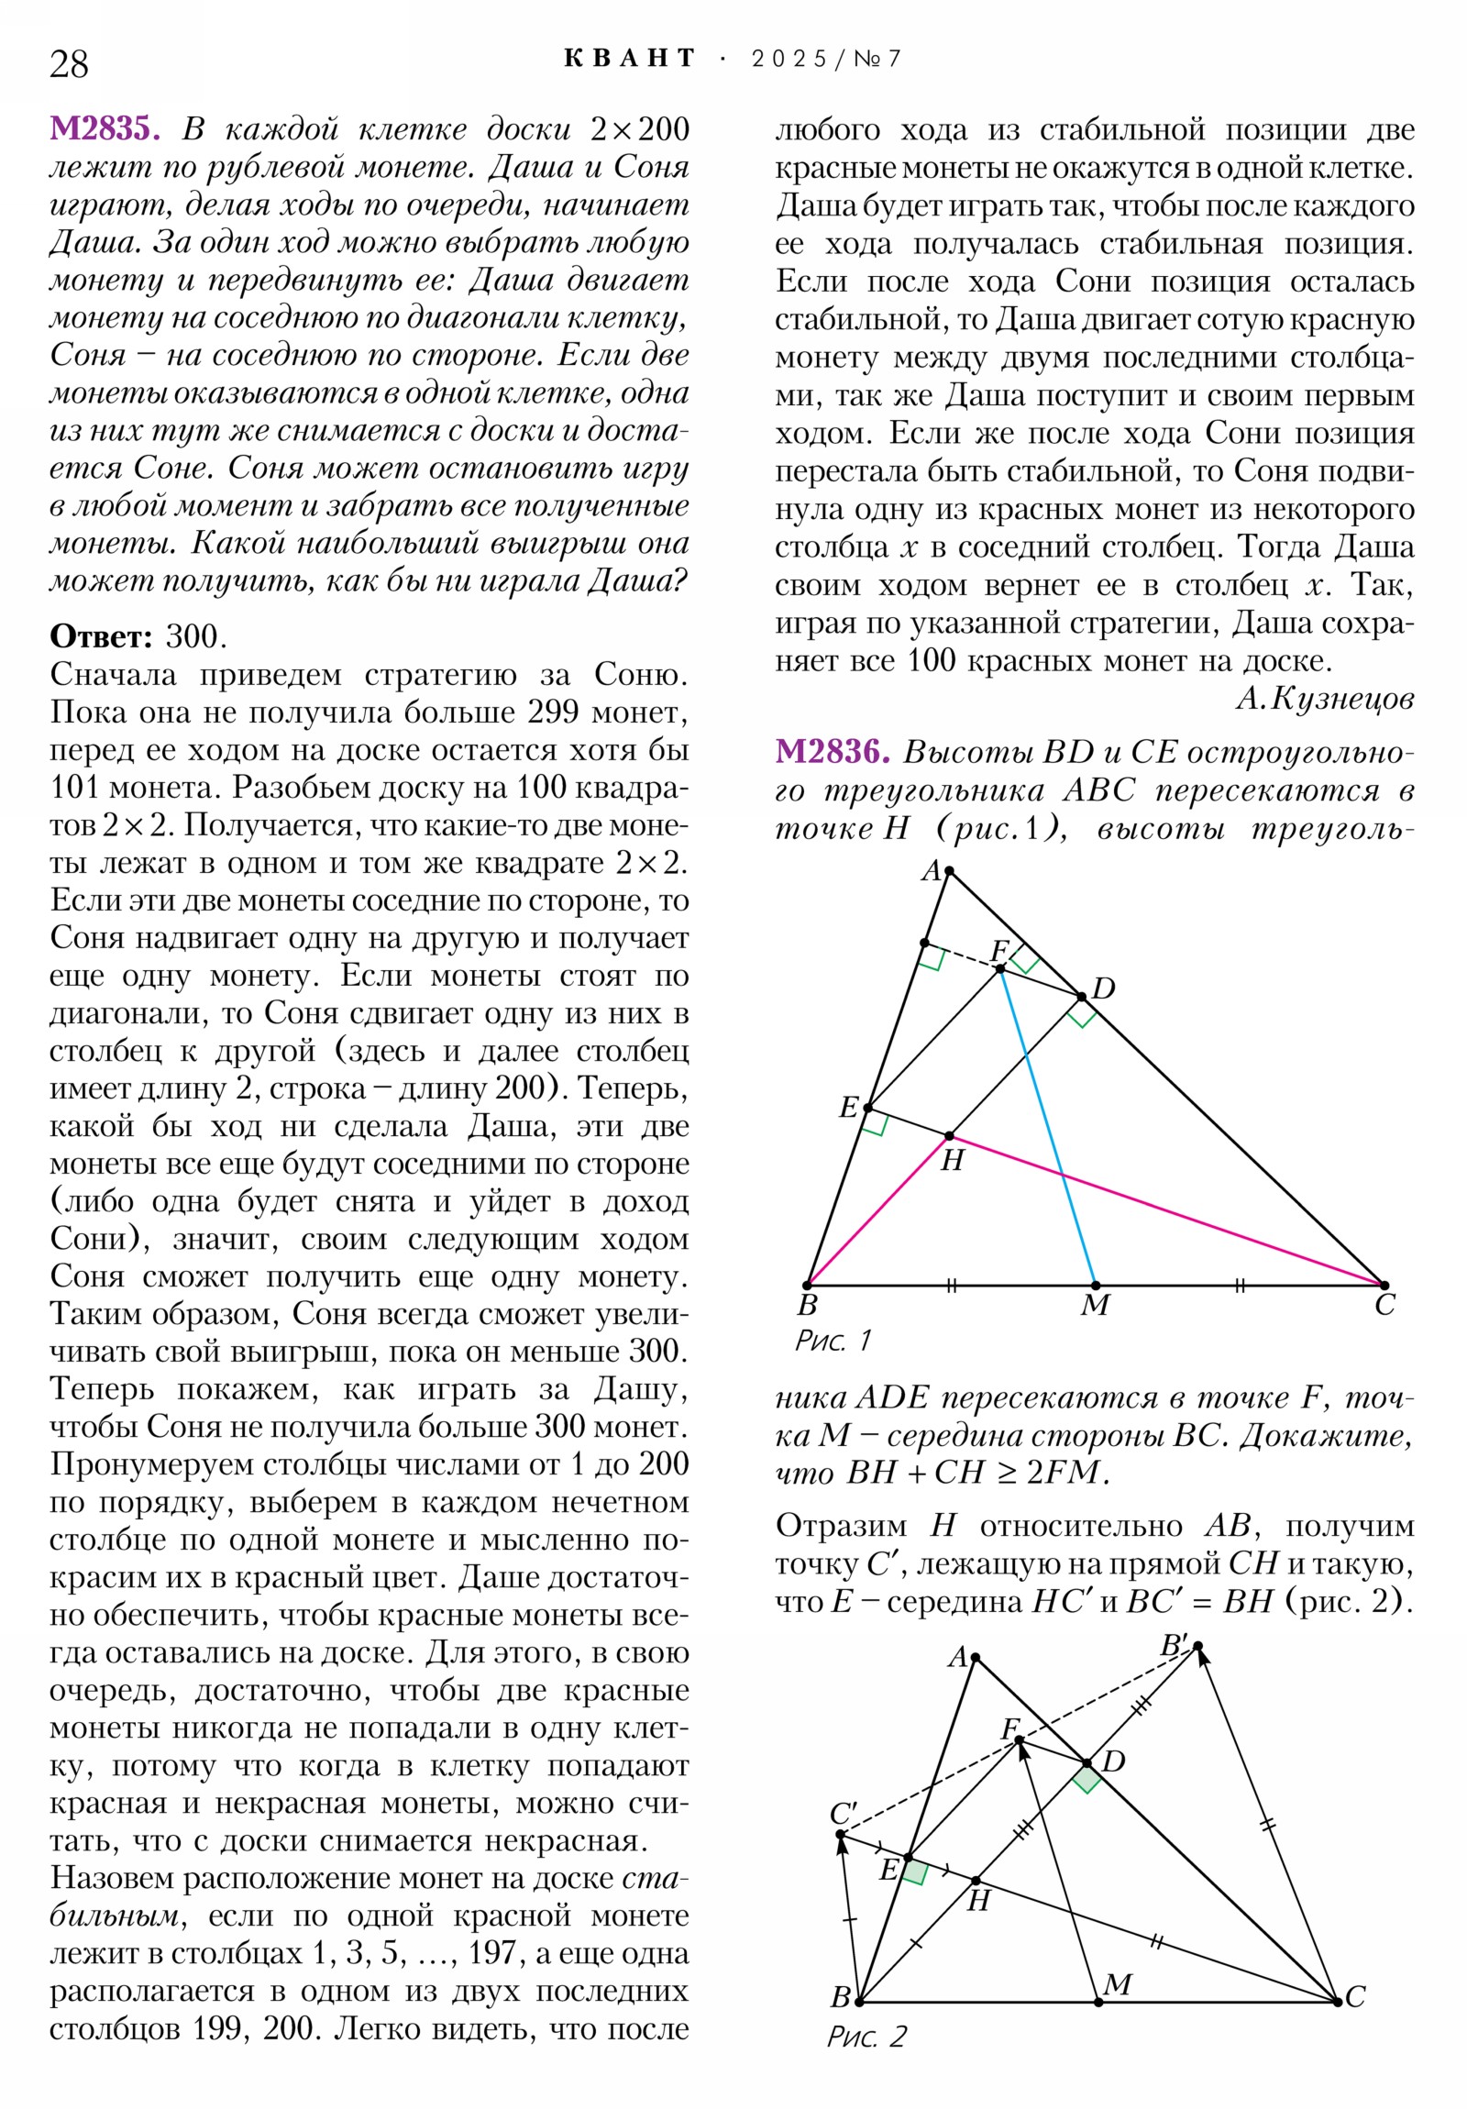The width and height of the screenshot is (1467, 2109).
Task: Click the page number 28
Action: [x=69, y=64]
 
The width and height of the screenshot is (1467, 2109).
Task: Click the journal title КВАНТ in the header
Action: [x=629, y=59]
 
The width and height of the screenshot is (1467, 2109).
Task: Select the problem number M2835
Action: [x=105, y=128]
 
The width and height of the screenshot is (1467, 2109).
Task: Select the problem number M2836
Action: [x=832, y=752]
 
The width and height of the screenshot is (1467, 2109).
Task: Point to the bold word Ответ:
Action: [x=101, y=636]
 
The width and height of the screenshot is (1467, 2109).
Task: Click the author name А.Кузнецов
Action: [x=1324, y=699]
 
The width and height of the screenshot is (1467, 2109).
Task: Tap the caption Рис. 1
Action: [x=833, y=1342]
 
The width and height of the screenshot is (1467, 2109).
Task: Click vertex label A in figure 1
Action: [x=932, y=870]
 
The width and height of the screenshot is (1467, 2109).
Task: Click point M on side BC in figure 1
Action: [x=1095, y=1285]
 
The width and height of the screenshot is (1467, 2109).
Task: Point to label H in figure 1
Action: [x=953, y=1161]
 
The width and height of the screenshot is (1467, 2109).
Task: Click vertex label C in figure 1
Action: [x=1384, y=1305]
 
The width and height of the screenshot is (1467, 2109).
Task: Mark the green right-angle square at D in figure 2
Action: [x=1086, y=1779]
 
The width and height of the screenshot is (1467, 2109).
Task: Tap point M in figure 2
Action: [x=1098, y=2002]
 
